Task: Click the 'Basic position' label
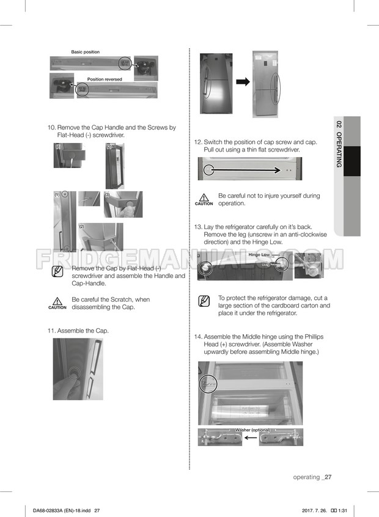coord(85,52)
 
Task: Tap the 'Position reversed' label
coord(105,79)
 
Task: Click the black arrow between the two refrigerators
coord(243,81)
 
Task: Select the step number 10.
coord(51,128)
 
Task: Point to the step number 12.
coord(198,142)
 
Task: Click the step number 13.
coord(198,227)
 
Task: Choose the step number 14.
coord(198,337)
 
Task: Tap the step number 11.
coord(51,331)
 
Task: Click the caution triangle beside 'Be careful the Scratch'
coord(57,301)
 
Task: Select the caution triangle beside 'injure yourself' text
coord(204,197)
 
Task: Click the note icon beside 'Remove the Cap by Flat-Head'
coord(57,271)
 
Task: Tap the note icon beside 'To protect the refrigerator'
coord(204,301)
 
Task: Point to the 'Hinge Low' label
coord(259,255)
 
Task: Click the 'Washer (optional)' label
coord(252,430)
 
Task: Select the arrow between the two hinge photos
coord(251,438)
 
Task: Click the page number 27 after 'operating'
coord(328,477)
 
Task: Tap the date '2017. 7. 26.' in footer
coord(314,510)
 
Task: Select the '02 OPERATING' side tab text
coord(339,144)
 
